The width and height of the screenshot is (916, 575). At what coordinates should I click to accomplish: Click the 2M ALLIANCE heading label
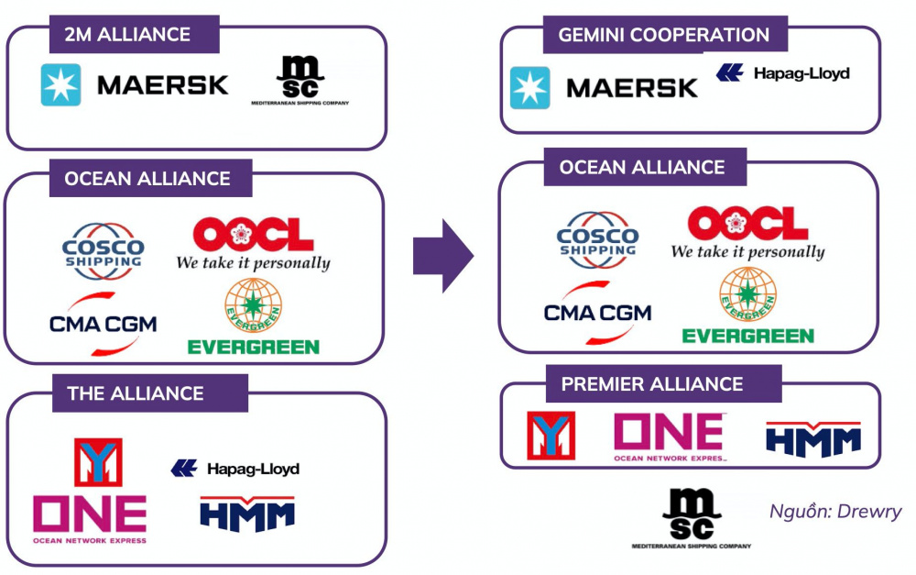point(127,35)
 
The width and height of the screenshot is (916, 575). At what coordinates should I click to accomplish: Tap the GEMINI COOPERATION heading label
point(664,36)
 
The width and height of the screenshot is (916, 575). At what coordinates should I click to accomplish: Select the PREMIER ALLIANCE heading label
point(652,383)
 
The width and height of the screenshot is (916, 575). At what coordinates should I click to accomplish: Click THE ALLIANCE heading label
point(136,393)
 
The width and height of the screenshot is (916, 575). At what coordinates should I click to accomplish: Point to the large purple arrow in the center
point(442,255)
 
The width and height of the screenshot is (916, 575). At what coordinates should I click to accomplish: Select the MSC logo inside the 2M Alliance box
point(300,81)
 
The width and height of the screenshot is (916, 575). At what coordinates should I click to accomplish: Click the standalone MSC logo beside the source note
point(692,518)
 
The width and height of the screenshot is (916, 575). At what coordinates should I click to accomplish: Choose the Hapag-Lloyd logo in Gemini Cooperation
point(782,73)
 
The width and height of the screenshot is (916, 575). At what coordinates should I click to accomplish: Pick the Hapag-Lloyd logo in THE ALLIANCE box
point(235,469)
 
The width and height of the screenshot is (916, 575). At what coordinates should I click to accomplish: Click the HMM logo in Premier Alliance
point(813,438)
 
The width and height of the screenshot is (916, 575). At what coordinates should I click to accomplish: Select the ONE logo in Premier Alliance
point(670,436)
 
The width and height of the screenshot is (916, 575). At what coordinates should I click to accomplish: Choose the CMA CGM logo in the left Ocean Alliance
point(103,322)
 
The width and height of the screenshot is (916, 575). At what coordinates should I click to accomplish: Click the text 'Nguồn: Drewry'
point(835,512)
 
